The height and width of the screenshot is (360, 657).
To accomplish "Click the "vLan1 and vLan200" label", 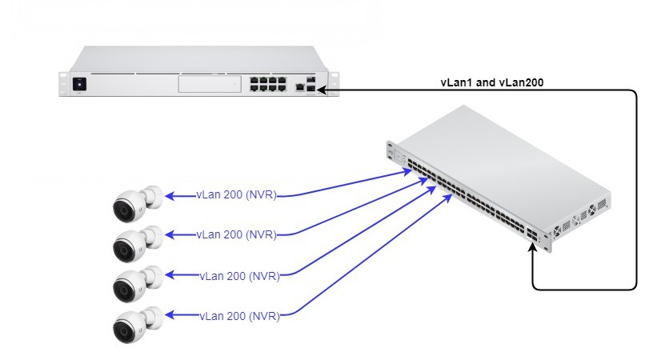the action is point(492,82).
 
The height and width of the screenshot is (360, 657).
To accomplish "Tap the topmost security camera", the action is point(138,204).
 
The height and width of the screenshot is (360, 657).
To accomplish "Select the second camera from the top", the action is point(138,244).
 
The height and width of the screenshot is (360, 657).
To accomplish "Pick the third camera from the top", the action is point(138,284).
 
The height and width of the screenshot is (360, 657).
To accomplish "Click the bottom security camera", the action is point(138,324).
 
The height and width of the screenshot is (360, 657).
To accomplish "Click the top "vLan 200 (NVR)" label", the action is point(236,195).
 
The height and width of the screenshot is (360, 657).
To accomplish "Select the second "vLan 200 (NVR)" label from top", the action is point(236,234).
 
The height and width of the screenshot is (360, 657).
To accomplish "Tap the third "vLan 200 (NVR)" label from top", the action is point(239,276).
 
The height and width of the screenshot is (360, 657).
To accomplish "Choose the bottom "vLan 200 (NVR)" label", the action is point(239,316).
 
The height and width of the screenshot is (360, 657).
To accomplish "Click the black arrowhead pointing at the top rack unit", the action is point(322,90).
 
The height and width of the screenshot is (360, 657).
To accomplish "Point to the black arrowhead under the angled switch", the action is point(532,247).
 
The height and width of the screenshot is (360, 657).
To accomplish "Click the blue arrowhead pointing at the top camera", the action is point(170,195).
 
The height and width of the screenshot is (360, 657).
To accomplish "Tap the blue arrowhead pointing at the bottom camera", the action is point(170,314).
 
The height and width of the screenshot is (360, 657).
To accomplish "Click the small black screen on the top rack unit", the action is point(79,84).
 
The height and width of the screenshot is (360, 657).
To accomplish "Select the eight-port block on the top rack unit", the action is point(268,84).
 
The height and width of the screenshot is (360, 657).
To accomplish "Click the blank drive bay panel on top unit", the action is point(210,84).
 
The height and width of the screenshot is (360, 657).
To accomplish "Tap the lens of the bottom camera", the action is point(124,330).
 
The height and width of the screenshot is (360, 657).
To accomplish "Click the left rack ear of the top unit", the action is point(63,84).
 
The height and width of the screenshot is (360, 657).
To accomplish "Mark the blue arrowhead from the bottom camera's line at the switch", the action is point(447,198).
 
